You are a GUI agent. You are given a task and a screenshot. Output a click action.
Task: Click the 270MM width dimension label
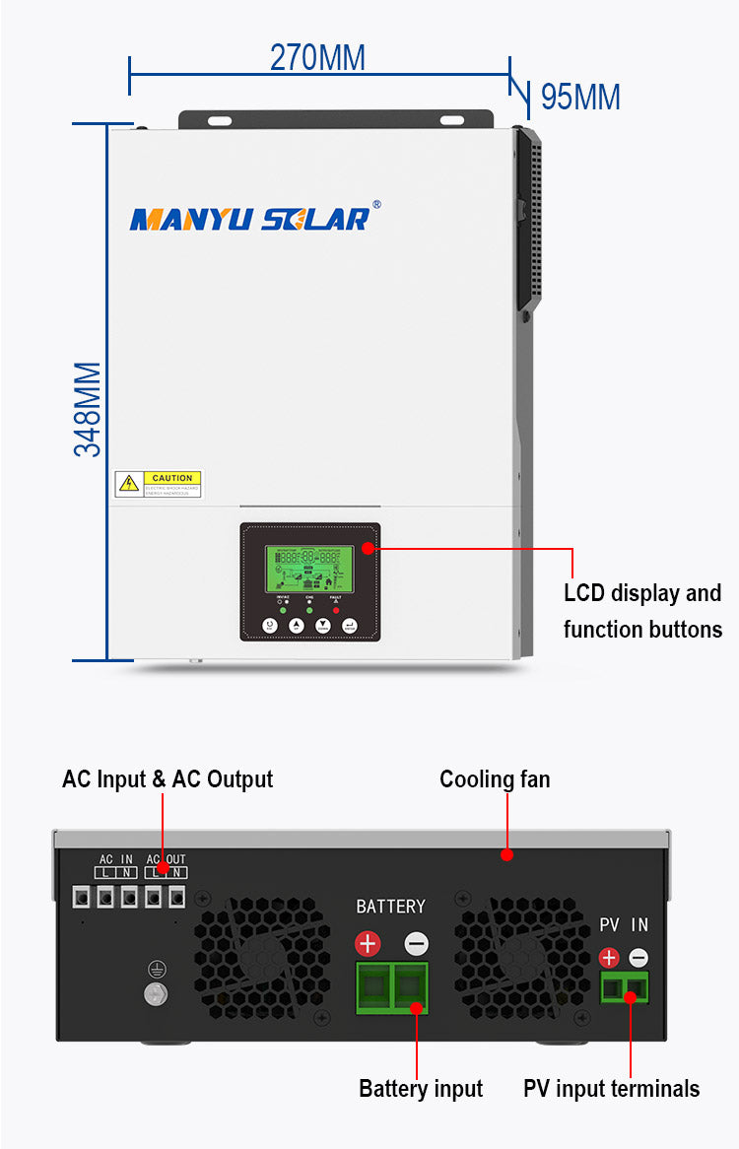click(317, 57)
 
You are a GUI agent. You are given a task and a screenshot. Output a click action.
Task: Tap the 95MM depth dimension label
click(580, 98)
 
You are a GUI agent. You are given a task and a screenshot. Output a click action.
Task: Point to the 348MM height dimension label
click(89, 408)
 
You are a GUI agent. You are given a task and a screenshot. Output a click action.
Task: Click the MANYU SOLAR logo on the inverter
click(250, 219)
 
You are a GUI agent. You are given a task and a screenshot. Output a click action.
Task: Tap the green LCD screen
click(310, 569)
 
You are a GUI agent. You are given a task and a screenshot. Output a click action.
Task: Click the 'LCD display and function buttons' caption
click(642, 611)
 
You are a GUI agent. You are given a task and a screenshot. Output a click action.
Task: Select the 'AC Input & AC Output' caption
click(168, 779)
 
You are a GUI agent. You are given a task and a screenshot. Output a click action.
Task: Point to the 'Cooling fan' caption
click(495, 779)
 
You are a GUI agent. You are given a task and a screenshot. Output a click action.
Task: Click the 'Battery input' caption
click(421, 1089)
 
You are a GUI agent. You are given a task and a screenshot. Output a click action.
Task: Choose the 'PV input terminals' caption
click(611, 1089)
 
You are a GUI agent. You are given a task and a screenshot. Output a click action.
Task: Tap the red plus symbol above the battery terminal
click(368, 944)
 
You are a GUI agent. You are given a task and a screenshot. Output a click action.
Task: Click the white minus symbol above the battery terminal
click(417, 944)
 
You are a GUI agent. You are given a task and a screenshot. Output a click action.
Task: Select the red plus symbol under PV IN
click(609, 957)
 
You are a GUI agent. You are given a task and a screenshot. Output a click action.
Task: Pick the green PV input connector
click(625, 986)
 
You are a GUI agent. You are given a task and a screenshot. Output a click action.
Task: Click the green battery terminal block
click(392, 987)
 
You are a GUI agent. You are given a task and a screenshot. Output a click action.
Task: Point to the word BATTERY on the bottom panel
click(391, 907)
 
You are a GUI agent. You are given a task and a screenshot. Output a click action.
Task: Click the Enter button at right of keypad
click(349, 625)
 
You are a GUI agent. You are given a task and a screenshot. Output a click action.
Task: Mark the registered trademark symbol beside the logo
click(376, 205)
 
